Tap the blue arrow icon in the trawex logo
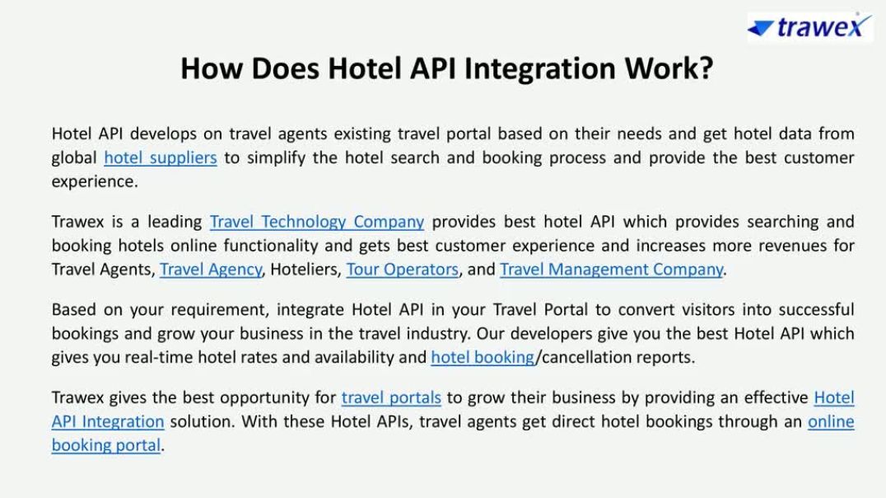(x=760, y=28)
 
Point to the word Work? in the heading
(x=669, y=68)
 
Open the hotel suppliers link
(x=161, y=157)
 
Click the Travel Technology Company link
(x=317, y=221)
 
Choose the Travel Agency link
(x=211, y=270)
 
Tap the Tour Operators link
(x=403, y=270)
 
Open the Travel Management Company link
(x=611, y=270)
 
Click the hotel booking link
(x=483, y=357)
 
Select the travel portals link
(x=391, y=397)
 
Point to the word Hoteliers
(x=305, y=270)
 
